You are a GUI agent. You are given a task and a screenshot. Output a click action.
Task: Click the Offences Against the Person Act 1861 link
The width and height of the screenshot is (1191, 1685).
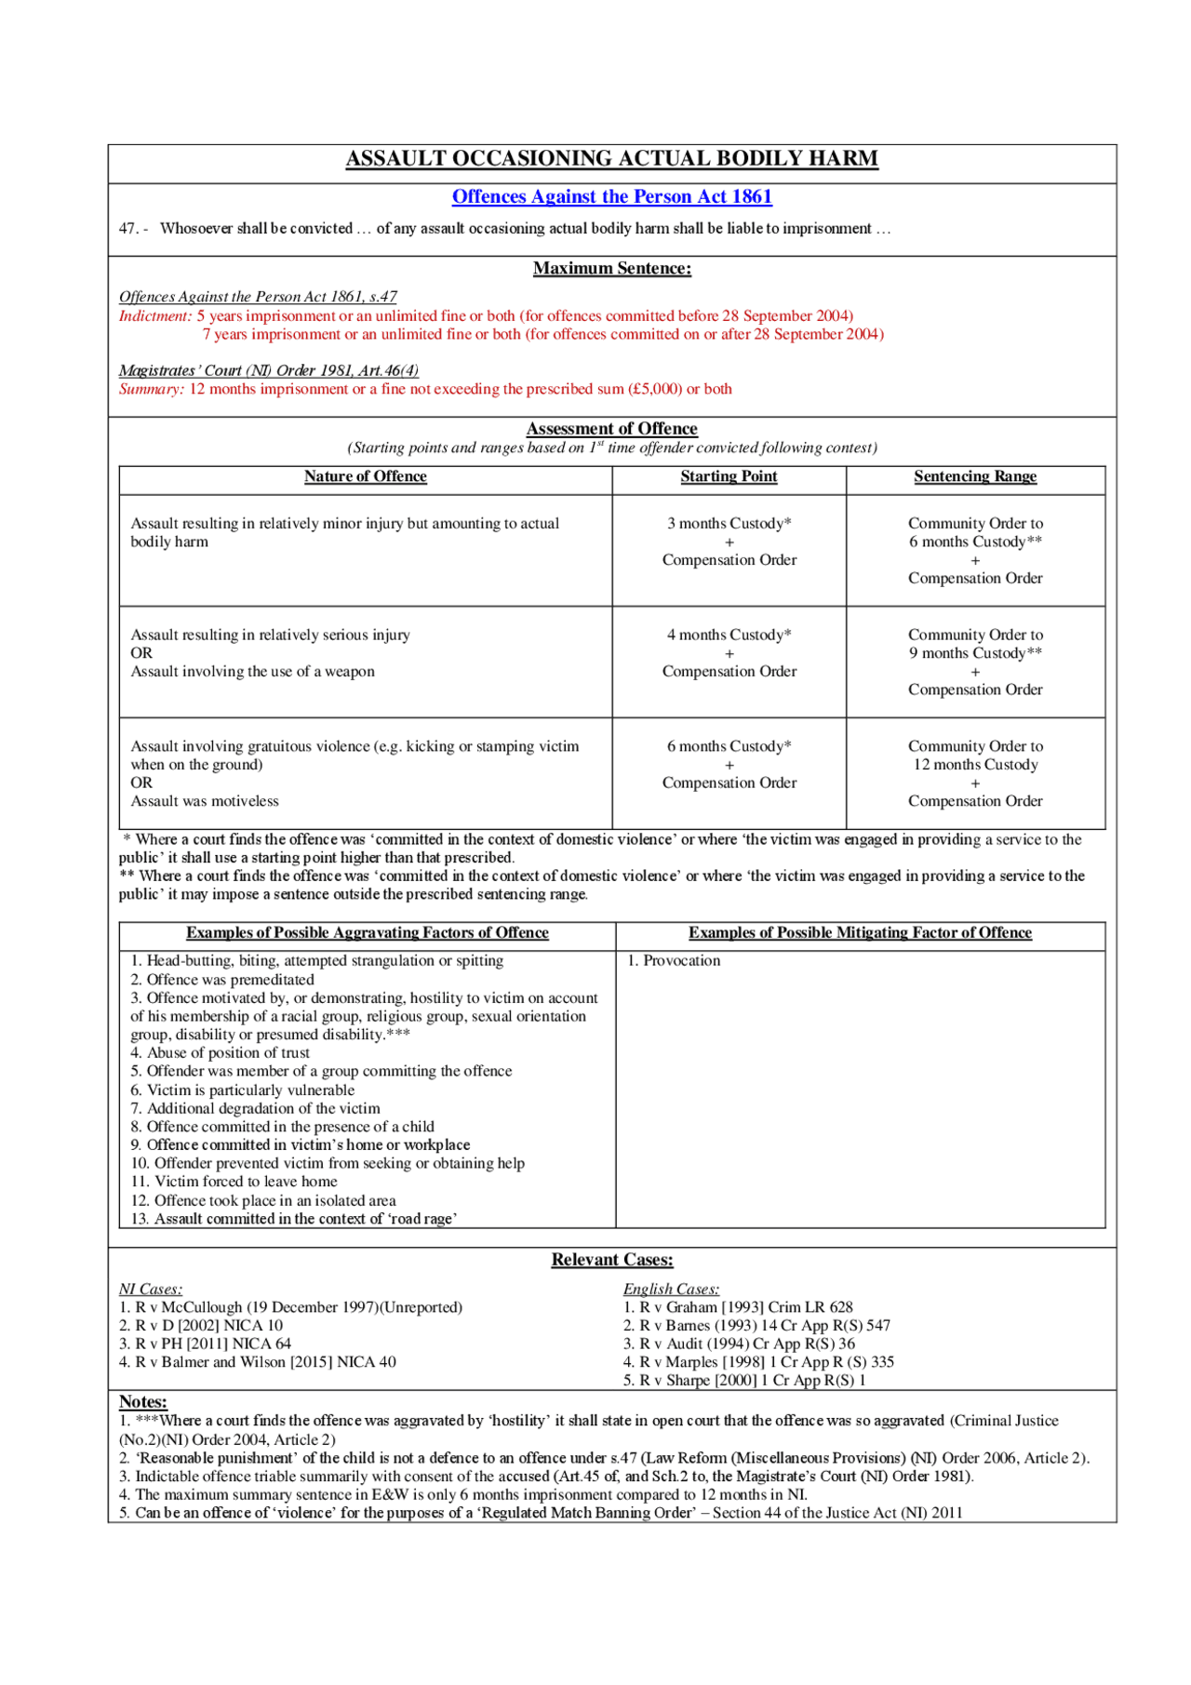[x=611, y=196]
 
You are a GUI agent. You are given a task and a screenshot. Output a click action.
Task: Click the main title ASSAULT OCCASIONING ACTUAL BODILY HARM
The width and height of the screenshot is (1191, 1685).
[x=611, y=158]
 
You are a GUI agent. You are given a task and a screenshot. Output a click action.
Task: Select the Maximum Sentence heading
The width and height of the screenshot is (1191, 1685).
[x=611, y=268]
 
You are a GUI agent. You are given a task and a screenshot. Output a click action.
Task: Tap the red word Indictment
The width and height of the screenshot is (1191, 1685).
[x=154, y=316]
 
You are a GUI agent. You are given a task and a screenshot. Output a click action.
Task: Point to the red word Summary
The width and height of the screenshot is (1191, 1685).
[x=151, y=389]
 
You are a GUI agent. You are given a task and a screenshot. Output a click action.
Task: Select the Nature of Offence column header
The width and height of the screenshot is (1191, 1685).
[x=365, y=476]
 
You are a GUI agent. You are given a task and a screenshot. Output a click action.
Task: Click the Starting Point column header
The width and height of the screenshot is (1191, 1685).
[x=729, y=476]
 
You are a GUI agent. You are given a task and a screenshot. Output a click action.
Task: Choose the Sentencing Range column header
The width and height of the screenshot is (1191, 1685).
[x=974, y=476]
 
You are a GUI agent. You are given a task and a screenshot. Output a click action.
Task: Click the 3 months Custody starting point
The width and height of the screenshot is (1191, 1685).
[x=729, y=523]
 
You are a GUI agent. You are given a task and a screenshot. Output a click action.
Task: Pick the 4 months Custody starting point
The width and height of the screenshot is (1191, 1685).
[x=729, y=635]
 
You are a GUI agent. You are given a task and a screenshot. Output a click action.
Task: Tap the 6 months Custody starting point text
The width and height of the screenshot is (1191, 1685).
[x=729, y=746]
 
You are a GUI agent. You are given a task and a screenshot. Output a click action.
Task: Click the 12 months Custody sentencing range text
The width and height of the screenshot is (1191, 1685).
[x=974, y=764]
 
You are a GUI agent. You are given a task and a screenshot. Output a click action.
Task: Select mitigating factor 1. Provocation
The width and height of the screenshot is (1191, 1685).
[x=674, y=960]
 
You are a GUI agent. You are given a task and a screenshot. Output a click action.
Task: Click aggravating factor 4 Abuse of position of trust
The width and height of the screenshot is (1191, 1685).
[x=220, y=1052]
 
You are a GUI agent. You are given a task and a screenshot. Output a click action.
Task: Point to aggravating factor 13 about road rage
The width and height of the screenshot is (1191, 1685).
[x=293, y=1219]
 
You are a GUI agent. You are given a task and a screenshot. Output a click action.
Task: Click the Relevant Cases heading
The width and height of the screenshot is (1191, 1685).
[x=611, y=1260]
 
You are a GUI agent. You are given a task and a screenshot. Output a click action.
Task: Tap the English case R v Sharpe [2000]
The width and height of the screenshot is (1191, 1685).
[x=743, y=1380]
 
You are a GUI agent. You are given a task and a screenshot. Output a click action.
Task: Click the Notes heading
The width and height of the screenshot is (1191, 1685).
[x=142, y=1401]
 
